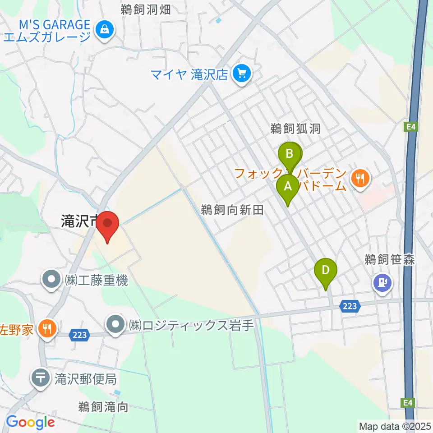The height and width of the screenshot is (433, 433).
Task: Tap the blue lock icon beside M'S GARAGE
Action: (x=105, y=30)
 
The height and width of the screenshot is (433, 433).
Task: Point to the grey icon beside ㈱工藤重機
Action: (x=51, y=280)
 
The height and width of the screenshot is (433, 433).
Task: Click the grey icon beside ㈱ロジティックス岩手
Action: (x=116, y=324)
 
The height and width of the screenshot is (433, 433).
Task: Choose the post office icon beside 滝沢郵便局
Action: (x=41, y=378)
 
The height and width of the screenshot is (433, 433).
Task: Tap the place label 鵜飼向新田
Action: (x=232, y=209)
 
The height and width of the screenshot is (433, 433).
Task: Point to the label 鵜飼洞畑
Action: (x=145, y=10)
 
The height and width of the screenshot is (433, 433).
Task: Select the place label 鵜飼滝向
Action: (x=103, y=407)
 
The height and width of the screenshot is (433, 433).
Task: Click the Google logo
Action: (x=30, y=422)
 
